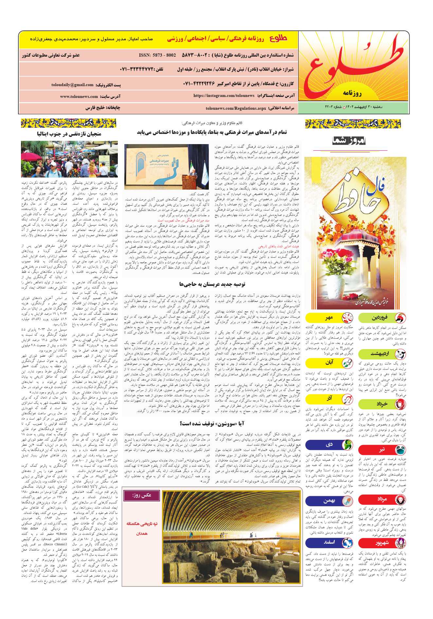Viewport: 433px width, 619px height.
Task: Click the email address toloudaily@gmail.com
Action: pyautogui.click(x=72, y=85)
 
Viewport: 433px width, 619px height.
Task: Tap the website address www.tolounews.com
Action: pyautogui.click(x=79, y=97)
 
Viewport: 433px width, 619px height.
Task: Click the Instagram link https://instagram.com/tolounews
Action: pyautogui.click(x=224, y=96)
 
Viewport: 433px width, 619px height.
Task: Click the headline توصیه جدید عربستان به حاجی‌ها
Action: pyautogui.click(x=212, y=284)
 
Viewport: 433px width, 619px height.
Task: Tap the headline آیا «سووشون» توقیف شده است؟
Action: pyautogui.click(x=212, y=423)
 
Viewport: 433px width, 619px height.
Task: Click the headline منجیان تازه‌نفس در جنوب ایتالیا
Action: pyautogui.click(x=69, y=134)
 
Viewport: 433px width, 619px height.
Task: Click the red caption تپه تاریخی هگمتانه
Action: pyautogui.click(x=142, y=524)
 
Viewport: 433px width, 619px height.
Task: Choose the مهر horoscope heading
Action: pyautogui.click(x=329, y=318)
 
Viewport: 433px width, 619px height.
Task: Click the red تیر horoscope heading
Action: pyautogui.click(x=382, y=450)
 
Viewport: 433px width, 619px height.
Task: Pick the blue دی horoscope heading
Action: pyautogui.click(x=329, y=444)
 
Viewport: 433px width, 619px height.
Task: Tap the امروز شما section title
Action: pyautogui.click(x=349, y=141)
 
